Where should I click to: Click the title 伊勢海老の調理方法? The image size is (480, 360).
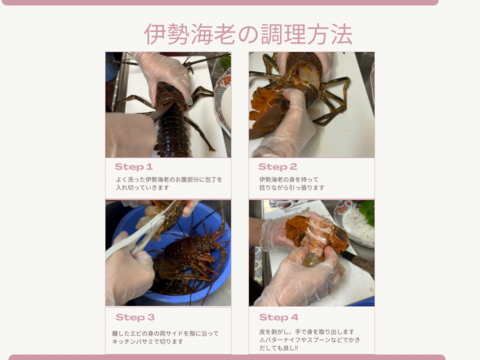click(x=247, y=34)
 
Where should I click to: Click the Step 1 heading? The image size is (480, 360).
click(x=134, y=167)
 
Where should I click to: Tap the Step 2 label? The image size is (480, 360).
click(x=278, y=167)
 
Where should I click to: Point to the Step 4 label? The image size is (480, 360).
click(x=279, y=317)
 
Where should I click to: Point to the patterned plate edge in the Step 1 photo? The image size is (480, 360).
click(x=222, y=95)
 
